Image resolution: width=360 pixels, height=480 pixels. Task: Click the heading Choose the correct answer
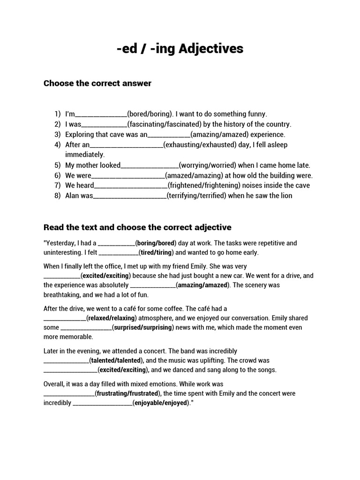point(97,83)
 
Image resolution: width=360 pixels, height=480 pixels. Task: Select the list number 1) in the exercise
point(57,114)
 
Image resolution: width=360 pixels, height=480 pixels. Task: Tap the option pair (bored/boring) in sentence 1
point(150,114)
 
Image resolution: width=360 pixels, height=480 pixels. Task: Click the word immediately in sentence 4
point(85,154)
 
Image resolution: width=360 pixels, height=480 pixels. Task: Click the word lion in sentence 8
point(285,195)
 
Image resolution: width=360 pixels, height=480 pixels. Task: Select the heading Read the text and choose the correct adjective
point(137,227)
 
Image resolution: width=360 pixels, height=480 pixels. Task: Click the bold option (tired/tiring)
point(156,252)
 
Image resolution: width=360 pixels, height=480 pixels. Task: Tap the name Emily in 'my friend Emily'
point(242,266)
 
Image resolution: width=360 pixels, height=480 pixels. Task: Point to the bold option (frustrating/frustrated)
point(128,393)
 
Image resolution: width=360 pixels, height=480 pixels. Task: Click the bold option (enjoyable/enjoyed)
point(161,403)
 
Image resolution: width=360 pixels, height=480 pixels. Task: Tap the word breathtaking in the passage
point(64,295)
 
